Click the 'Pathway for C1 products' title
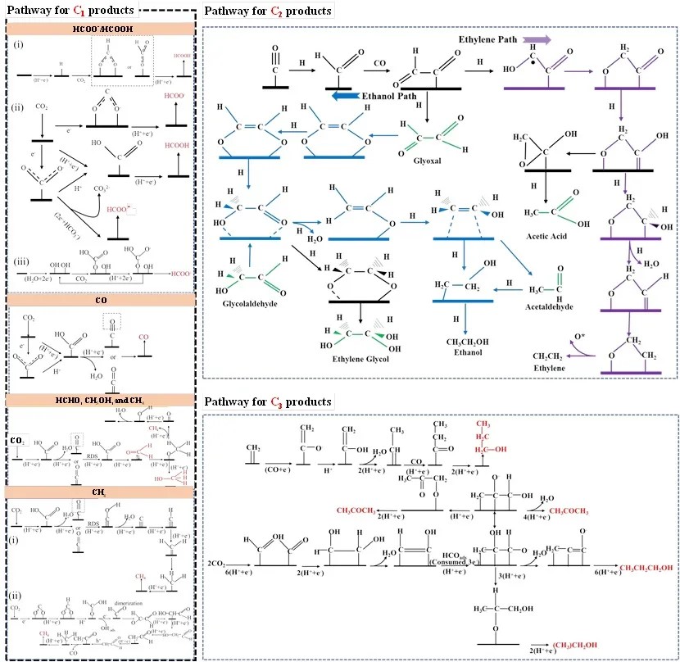click(70, 11)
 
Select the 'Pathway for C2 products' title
click(269, 11)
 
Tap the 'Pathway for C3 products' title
click(269, 401)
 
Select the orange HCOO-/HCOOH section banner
click(100, 28)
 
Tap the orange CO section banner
click(100, 300)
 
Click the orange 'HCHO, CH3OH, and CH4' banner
click(100, 400)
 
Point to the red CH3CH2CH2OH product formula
click(633, 567)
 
